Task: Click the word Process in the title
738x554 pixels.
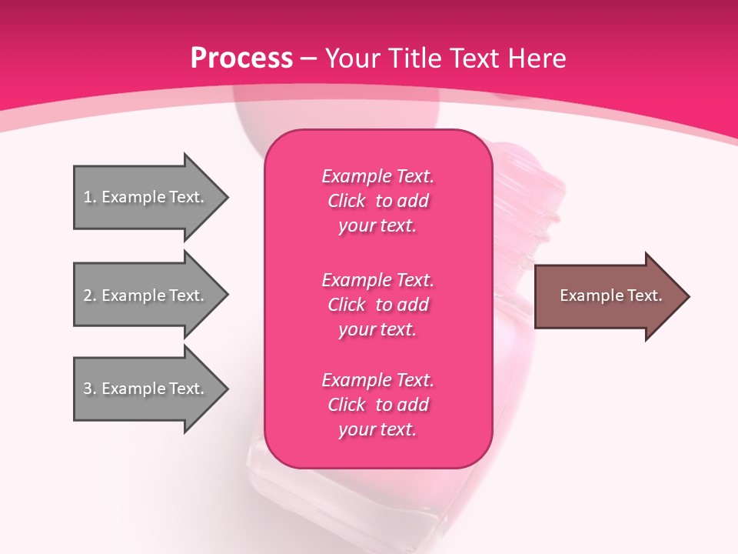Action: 241,58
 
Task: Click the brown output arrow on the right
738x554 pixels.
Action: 607,296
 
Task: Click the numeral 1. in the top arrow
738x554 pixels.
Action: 89,197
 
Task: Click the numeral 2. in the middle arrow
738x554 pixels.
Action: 89,295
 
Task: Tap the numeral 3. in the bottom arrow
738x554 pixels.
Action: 89,389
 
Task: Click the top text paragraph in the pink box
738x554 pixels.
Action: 377,201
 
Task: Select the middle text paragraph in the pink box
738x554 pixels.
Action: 377,305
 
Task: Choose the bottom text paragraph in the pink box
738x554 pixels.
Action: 377,405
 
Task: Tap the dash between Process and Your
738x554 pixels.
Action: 309,59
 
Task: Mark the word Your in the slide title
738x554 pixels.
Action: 351,58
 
